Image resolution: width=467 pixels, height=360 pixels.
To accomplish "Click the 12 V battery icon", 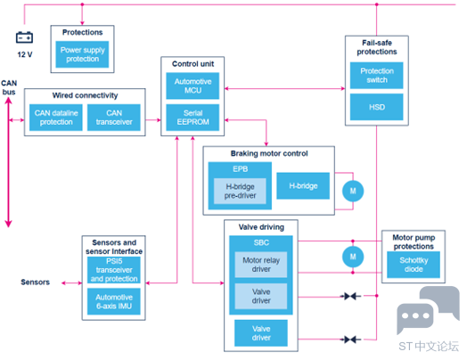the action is (24, 37).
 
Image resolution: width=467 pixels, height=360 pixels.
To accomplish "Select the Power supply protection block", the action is (82, 54).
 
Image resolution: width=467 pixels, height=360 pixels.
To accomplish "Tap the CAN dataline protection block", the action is (56, 118).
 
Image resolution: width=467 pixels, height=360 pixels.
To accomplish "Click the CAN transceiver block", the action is (114, 118).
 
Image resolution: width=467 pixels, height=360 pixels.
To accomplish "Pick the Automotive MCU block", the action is (193, 86).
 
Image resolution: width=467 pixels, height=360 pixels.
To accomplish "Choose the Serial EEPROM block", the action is (193, 118).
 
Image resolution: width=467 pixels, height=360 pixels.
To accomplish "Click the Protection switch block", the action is (377, 76).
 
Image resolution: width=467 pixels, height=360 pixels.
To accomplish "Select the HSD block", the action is (377, 107).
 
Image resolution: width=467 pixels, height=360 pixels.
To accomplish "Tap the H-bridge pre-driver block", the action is (240, 192).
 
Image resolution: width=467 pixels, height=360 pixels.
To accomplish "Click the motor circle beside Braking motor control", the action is (353, 191).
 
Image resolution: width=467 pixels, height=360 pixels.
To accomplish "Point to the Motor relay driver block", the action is (261, 265).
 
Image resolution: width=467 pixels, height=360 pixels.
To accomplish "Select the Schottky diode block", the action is (414, 265).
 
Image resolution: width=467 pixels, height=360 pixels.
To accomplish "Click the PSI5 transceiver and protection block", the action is (114, 270).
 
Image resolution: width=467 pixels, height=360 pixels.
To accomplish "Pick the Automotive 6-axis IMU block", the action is (114, 301).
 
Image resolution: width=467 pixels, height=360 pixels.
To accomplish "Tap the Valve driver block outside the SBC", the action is (261, 333).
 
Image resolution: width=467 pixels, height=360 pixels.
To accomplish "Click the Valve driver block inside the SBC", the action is (261, 296).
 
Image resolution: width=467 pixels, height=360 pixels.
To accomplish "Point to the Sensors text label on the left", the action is (35, 282).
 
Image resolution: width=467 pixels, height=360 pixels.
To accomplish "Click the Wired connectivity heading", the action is (85, 95).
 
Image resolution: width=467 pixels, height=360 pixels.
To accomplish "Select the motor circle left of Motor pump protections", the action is (353, 257).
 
